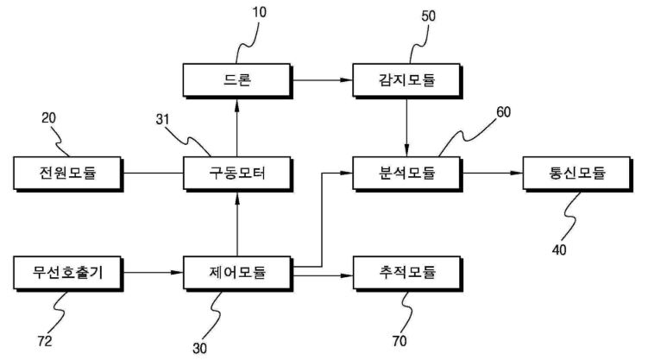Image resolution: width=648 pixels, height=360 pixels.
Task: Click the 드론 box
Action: click(237, 80)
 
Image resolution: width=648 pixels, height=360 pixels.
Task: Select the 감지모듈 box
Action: click(406, 80)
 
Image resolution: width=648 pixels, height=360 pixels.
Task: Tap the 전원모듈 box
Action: click(68, 174)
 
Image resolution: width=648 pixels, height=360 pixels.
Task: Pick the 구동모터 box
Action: click(237, 174)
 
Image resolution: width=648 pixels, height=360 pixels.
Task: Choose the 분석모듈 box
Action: click(406, 174)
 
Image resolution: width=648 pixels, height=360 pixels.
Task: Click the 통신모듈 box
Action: click(577, 174)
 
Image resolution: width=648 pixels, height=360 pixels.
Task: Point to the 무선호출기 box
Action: click(68, 273)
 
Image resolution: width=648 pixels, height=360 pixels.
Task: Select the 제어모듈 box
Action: click(237, 273)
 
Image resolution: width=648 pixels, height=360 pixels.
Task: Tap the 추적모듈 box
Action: click(406, 273)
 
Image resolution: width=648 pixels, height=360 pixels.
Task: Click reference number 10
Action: click(259, 12)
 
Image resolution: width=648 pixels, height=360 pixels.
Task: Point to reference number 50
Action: click(428, 16)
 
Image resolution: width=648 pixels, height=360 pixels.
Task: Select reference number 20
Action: click(48, 118)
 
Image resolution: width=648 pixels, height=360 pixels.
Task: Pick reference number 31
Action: click(162, 120)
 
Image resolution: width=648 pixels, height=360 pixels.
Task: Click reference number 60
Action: click(503, 112)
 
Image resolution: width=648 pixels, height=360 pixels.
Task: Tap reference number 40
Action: click(559, 250)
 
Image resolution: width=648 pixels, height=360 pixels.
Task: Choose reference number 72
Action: click(45, 341)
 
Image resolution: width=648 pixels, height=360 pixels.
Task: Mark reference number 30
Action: click(199, 349)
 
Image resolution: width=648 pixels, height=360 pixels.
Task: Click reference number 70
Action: click(399, 341)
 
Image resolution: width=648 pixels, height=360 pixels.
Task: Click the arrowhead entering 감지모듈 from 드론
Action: click(346, 80)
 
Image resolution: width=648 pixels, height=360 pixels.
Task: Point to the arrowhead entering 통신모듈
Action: click(517, 173)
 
